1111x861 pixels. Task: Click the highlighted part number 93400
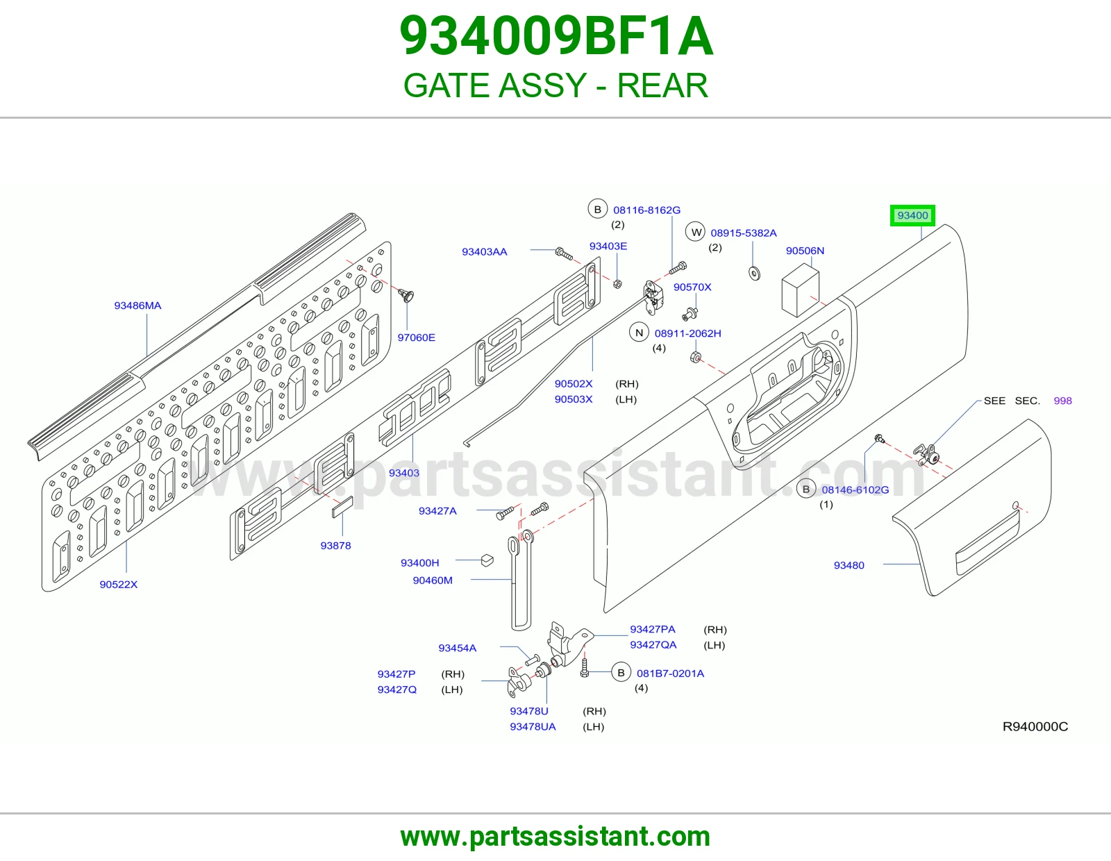tap(912, 215)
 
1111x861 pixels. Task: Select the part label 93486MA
tap(137, 306)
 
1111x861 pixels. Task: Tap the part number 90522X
tap(119, 585)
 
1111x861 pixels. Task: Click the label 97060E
tap(416, 337)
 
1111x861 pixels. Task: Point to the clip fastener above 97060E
tap(406, 295)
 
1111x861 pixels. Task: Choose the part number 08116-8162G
tap(646, 210)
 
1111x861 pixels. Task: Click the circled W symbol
tap(696, 233)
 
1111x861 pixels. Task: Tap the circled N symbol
tap(639, 333)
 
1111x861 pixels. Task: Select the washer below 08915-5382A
tap(754, 274)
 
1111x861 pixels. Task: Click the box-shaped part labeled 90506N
tap(801, 290)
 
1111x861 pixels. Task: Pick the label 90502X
tap(574, 384)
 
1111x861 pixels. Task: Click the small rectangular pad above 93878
tap(342, 507)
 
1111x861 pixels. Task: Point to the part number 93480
tap(849, 565)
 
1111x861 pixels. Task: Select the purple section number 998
tap(1062, 401)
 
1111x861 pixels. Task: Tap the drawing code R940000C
tap(1035, 726)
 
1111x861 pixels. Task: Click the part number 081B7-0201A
tap(670, 674)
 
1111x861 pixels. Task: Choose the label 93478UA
tap(533, 726)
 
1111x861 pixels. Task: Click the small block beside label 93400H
tap(487, 560)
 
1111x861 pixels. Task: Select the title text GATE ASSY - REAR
tap(555, 85)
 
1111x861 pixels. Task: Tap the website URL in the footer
tap(555, 837)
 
